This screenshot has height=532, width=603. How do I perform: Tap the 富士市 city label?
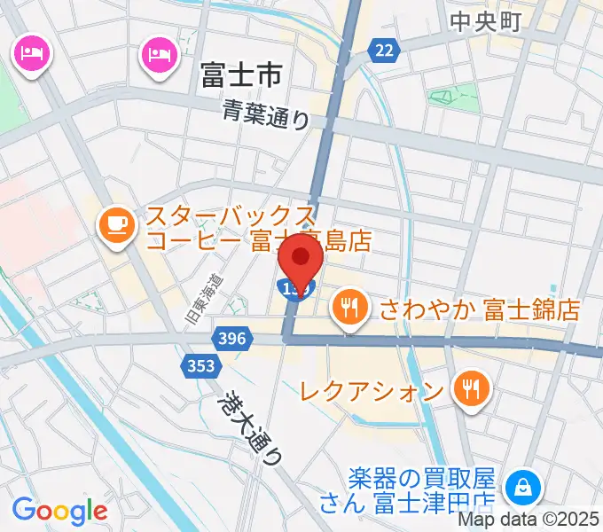(x=240, y=74)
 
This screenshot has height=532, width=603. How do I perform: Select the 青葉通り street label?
(x=265, y=113)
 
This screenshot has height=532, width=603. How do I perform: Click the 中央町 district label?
(x=485, y=21)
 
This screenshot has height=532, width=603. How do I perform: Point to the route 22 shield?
(x=383, y=51)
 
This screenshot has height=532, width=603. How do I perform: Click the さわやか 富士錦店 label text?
(x=479, y=309)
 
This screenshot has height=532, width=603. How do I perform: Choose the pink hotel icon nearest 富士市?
(x=160, y=55)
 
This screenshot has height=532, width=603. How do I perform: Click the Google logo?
(x=59, y=510)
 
